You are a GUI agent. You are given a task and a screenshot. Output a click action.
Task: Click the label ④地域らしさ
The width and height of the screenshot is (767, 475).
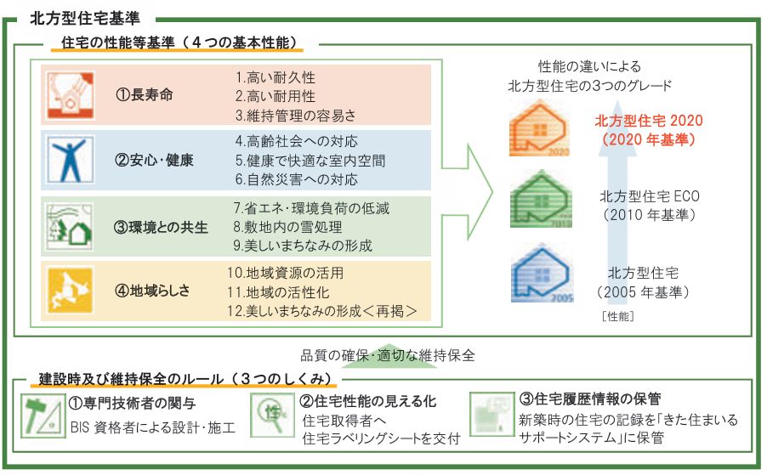click(x=152, y=291)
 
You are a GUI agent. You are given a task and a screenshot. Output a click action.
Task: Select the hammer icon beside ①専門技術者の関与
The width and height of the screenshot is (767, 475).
click(x=42, y=416)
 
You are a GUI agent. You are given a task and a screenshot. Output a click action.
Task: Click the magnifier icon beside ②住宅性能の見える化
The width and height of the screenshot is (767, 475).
click(x=272, y=414)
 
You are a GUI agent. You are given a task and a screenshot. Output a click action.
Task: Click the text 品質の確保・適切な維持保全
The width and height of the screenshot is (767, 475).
click(x=387, y=354)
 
